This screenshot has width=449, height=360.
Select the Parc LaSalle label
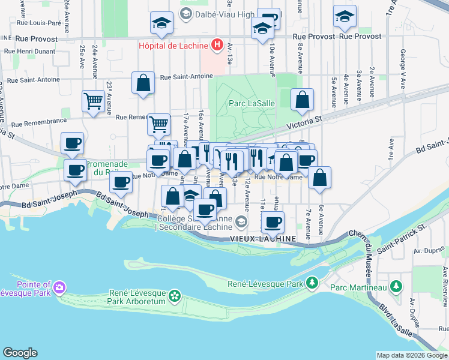point(252,103)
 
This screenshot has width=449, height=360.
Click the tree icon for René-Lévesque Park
point(312,283)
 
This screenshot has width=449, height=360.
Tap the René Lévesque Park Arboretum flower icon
point(174,295)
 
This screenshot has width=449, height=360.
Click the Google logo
point(20,353)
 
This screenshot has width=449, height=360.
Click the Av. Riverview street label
point(445,283)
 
